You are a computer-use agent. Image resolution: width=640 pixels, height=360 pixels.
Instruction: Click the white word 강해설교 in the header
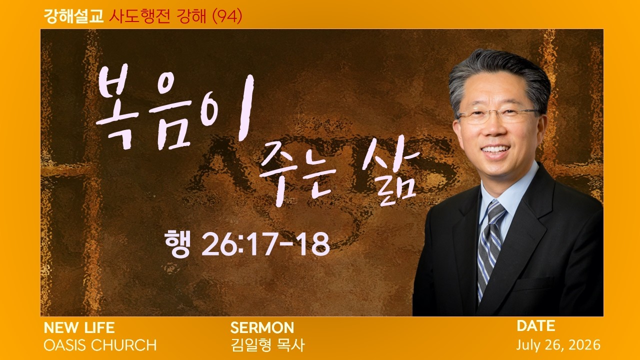click(73, 16)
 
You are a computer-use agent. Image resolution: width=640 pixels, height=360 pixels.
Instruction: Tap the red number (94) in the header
click(227, 16)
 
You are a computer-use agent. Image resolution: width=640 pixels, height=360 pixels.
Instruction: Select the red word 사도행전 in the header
click(139, 16)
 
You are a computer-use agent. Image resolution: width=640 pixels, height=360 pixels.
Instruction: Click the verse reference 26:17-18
click(265, 244)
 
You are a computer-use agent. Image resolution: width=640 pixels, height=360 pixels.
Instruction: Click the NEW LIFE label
click(79, 327)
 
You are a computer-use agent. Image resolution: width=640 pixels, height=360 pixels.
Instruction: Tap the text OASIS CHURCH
click(100, 345)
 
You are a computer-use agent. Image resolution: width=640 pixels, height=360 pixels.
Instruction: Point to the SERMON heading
click(262, 327)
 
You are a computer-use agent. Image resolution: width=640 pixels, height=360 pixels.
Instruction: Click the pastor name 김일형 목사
click(267, 345)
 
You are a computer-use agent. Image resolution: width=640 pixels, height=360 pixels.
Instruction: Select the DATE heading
click(536, 326)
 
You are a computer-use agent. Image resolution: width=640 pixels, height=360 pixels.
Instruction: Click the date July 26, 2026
click(558, 345)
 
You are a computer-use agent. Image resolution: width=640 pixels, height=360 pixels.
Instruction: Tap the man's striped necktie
click(489, 248)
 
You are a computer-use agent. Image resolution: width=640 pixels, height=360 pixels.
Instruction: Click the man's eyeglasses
click(498, 115)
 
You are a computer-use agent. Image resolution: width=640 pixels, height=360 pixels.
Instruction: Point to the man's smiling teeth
click(495, 149)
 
